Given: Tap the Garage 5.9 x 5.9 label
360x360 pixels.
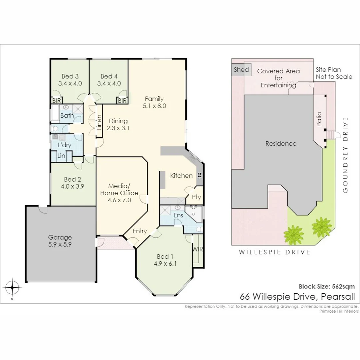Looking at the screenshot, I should (60, 240).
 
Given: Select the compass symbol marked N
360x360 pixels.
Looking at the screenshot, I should (12, 287).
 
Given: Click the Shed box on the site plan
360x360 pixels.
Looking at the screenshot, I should (241, 70).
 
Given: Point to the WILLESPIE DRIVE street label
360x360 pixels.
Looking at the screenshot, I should (274, 252).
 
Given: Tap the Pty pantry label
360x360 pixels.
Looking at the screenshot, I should (196, 197).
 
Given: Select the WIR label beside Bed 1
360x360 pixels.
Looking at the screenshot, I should (197, 249).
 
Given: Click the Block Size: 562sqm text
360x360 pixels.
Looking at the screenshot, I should (327, 286).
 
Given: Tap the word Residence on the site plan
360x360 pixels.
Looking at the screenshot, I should (281, 144).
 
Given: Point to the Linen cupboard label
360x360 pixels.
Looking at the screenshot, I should (99, 122).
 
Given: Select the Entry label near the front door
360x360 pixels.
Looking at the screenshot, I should (140, 231).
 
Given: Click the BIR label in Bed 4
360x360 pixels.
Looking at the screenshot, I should (122, 101).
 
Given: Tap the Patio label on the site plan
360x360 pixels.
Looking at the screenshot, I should (319, 119).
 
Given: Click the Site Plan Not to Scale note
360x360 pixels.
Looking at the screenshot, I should (334, 73).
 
